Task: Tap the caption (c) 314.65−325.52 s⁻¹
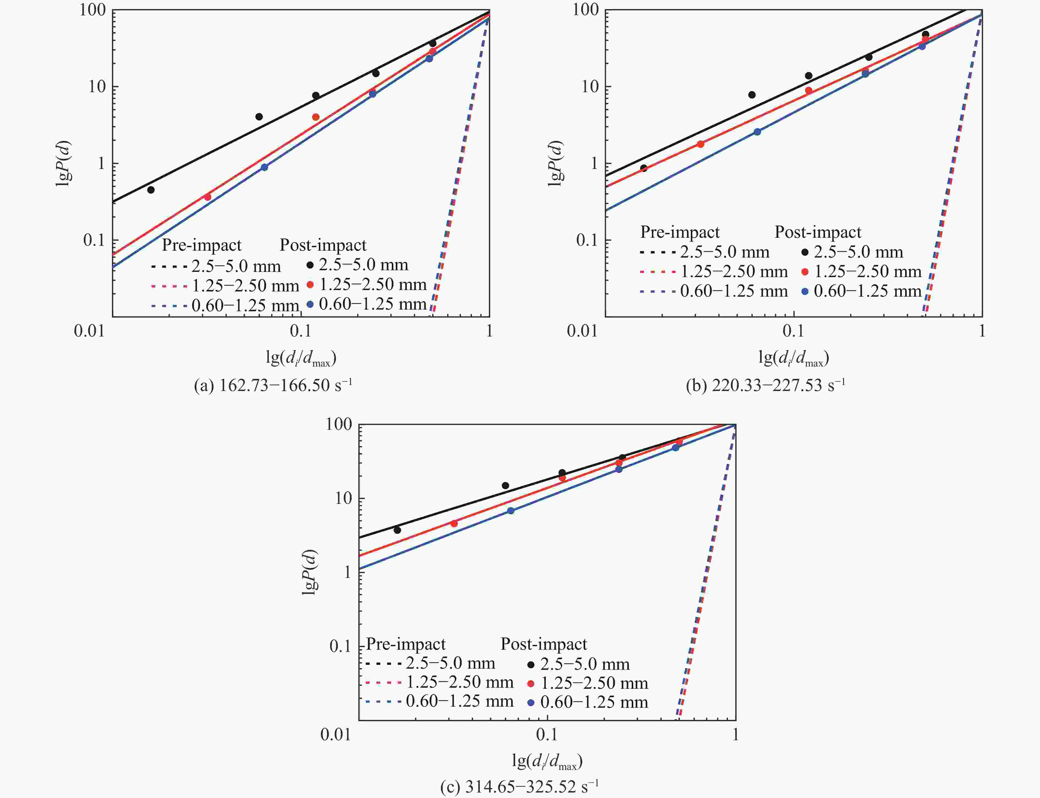tap(519, 787)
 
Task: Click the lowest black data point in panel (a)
tap(151, 190)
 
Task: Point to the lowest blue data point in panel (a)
tap(264, 167)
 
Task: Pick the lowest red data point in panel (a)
tap(207, 197)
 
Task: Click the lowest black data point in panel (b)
tap(644, 168)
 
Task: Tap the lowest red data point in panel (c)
tap(454, 523)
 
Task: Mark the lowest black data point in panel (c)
tap(398, 530)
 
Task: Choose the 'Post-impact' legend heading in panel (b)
tap(818, 232)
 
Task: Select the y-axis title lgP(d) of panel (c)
tap(310, 572)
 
